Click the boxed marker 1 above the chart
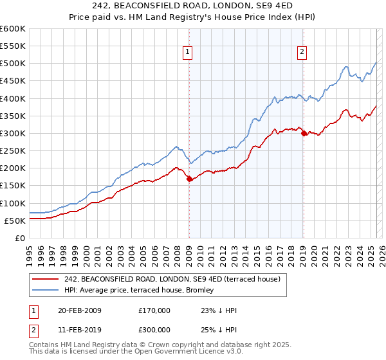pos(188,53)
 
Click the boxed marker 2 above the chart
pos(302,53)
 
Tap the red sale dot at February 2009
pos(189,179)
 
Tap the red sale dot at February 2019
pos(303,134)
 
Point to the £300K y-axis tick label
pos(12,134)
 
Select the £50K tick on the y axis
pos(15,221)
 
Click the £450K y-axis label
pos(12,81)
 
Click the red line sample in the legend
pos(44,280)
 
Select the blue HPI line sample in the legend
pos(44,291)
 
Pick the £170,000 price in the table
pos(154,310)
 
